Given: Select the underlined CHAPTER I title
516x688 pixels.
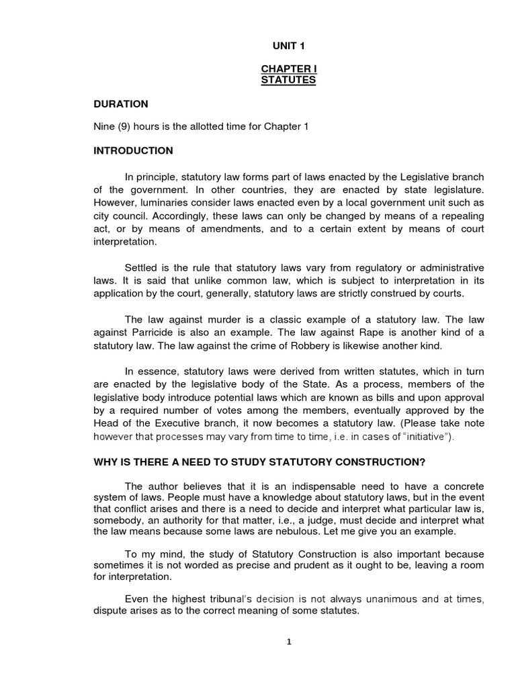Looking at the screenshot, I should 287,70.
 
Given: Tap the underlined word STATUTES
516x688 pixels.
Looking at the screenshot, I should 287,81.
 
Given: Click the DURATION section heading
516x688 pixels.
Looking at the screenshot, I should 121,104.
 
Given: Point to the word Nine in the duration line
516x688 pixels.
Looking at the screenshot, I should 104,127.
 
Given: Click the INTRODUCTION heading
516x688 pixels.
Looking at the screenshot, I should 133,150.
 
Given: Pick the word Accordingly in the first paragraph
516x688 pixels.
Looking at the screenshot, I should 179,216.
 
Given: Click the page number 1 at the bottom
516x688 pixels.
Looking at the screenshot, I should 288,642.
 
